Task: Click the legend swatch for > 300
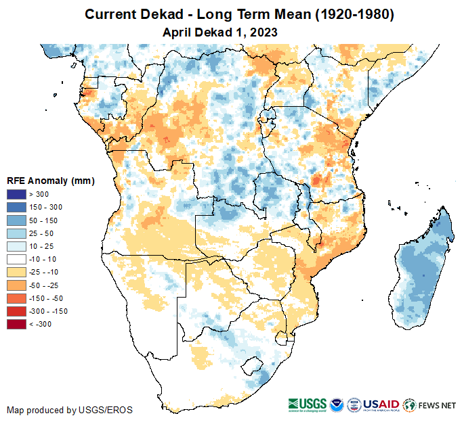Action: click(x=17, y=195)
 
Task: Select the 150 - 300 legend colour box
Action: click(x=17, y=208)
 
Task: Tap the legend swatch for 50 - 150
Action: click(x=17, y=220)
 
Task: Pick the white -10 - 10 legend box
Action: click(x=17, y=259)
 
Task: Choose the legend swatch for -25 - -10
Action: click(x=17, y=272)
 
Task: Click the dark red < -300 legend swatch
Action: click(x=17, y=324)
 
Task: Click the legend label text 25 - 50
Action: click(x=41, y=233)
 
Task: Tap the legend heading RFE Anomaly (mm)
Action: click(x=51, y=181)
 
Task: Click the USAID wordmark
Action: click(x=381, y=404)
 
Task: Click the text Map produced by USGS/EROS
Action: click(x=70, y=410)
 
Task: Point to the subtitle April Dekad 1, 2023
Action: click(x=220, y=32)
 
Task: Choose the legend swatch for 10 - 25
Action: click(x=17, y=246)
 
